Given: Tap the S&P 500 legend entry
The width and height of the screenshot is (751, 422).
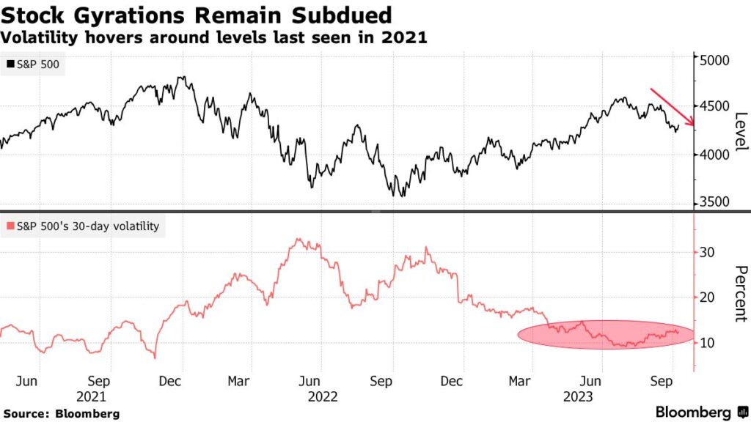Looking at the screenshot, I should tap(35, 64).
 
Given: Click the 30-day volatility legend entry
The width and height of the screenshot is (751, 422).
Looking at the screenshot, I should tap(83, 226).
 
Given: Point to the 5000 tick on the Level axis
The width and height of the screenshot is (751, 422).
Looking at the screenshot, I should tap(714, 59).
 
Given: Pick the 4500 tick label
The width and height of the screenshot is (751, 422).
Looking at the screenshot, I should tap(714, 106).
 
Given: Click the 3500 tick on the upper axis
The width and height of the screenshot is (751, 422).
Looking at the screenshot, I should tap(714, 201).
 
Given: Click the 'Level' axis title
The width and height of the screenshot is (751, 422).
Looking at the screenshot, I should tap(739, 132).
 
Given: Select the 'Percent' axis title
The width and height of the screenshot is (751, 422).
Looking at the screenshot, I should tap(739, 293).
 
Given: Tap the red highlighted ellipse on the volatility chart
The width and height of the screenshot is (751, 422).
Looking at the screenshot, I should tap(605, 334).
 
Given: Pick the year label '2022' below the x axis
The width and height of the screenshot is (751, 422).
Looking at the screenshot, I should tap(322, 396).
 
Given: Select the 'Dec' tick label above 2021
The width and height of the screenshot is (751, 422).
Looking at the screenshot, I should tap(170, 381).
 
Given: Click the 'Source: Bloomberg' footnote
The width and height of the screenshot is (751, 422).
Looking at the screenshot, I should tap(60, 413).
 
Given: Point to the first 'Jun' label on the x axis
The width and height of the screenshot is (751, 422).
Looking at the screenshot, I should tap(26, 381).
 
